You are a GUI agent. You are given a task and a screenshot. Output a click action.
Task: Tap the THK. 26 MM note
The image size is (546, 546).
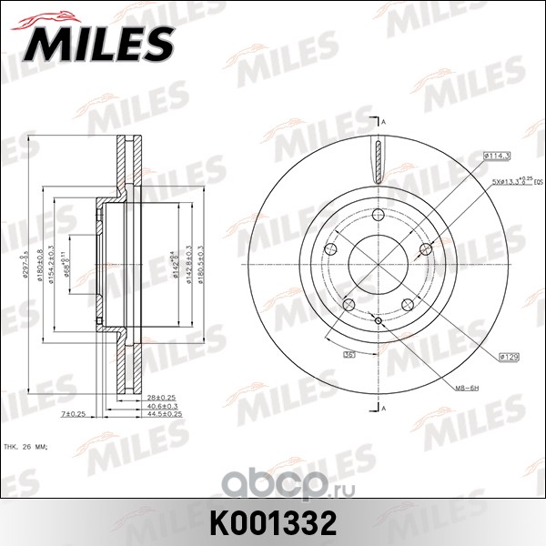coord(28,447)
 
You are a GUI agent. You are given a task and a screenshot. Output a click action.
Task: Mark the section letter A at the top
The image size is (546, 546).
coord(386,122)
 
